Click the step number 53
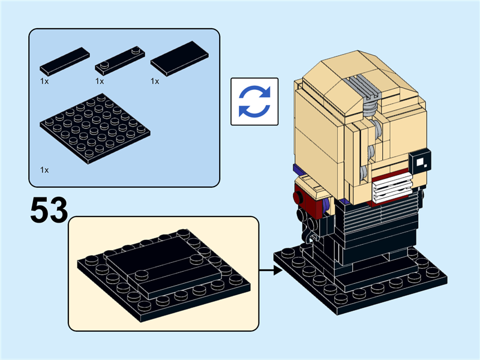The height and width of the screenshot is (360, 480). tap(49, 210)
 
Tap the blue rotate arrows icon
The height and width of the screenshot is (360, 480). tap(254, 101)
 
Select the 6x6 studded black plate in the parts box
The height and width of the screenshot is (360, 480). tap(95, 128)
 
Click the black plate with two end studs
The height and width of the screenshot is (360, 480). tap(120, 61)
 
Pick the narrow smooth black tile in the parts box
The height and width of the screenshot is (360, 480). tap(65, 61)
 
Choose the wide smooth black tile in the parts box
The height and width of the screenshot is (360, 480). tap(179, 58)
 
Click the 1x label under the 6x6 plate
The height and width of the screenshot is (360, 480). tap(44, 170)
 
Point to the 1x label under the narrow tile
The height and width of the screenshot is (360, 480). tap(44, 81)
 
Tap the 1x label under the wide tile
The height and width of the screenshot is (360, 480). tap(155, 81)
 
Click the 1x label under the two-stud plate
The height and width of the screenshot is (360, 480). tap(100, 81)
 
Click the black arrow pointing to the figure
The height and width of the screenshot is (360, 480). tap(271, 271)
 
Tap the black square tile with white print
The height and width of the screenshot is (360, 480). tap(420, 161)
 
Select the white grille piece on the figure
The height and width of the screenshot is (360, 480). tap(392, 187)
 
